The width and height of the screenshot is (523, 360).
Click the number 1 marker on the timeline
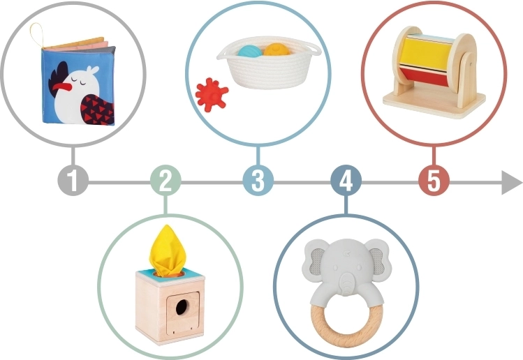coord(73,180)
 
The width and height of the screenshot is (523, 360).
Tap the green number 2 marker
coord(165,180)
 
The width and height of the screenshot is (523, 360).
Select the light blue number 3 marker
coord(258,180)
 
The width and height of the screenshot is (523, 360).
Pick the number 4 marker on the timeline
coord(346,180)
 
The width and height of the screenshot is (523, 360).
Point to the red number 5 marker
coord(434,180)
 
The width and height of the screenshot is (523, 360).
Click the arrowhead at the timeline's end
coord(511,182)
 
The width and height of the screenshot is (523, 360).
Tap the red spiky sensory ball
coord(212,95)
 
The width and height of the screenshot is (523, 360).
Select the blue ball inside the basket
coord(250,52)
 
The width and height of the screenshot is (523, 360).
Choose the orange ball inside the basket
coord(277,50)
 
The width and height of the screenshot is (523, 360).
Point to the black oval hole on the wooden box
coord(182,307)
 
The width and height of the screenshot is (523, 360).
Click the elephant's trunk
coord(347,285)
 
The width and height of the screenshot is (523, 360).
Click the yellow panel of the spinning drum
coord(425,53)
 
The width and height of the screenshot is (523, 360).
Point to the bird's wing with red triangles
coord(96,110)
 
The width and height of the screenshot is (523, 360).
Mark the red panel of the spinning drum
coord(424,76)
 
